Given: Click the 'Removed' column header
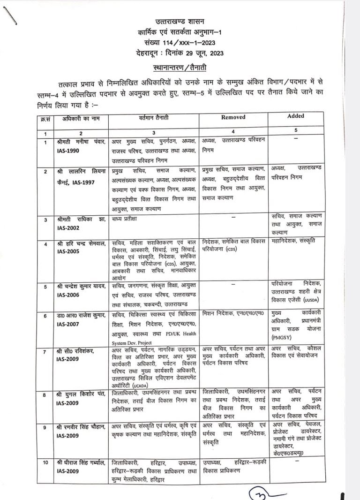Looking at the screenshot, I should (233, 117).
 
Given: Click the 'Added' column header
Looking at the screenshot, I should (295, 116).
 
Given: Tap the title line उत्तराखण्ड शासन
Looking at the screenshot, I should (183, 21).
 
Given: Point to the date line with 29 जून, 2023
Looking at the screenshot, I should (183, 53).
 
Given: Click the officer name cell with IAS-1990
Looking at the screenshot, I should (79, 145).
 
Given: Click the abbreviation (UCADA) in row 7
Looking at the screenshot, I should (123, 385).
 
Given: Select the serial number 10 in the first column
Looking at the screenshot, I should (45, 462).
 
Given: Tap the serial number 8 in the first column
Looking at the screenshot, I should (45, 395).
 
